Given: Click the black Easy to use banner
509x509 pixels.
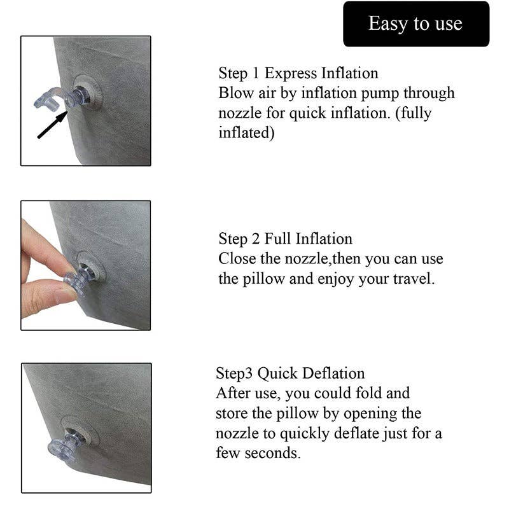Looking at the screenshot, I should click(416, 24).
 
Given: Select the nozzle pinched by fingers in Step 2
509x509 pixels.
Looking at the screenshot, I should click(80, 280).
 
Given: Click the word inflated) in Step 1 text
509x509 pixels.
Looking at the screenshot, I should click(246, 134).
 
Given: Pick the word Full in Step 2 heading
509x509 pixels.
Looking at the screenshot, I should click(278, 239).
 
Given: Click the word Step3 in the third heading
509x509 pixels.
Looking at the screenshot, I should click(234, 373).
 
